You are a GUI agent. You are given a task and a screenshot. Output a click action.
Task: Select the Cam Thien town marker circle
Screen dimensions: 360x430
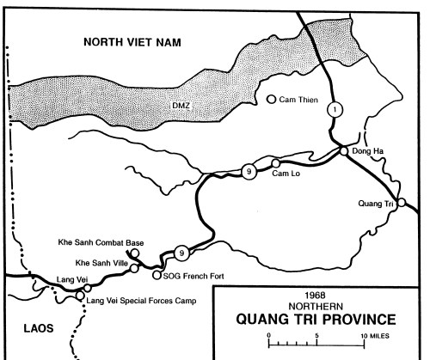tap(272, 100)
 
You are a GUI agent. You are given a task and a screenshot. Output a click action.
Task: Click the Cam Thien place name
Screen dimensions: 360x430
tap(298, 100)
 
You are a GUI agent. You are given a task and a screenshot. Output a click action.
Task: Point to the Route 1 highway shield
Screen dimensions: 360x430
tap(335, 108)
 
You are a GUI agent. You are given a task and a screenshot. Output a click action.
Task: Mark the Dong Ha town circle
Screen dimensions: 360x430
tap(343, 151)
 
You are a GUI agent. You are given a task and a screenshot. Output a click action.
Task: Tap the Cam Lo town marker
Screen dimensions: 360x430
tap(275, 163)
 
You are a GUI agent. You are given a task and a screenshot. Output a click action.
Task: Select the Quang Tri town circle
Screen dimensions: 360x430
tap(401, 203)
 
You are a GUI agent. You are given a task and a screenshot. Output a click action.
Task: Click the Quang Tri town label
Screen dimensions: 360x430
tap(376, 204)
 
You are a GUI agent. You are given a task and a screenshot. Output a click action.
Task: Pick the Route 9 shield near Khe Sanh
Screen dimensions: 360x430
tap(180, 253)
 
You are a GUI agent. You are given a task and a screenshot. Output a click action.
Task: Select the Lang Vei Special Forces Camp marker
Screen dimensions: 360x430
tap(80, 295)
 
